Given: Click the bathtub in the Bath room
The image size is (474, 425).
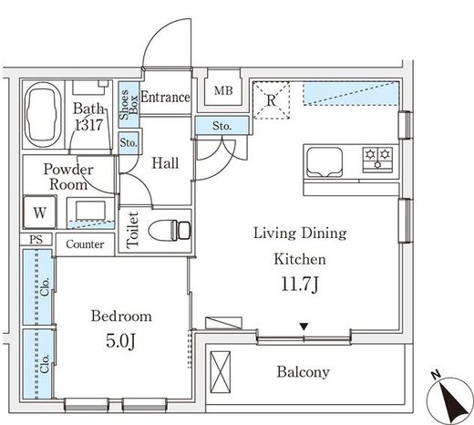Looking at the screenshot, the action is pos(43,115).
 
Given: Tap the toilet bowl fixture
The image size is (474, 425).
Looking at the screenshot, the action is pos(170,231).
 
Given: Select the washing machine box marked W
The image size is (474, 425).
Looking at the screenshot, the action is pos(40,212).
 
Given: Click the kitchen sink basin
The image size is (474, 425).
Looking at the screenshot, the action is pos(325,162).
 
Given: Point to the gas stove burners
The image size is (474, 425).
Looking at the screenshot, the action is pos(377,158).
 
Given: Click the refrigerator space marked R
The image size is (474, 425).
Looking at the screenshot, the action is pos(271,100).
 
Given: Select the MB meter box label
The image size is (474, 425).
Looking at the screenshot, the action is pos(223,90).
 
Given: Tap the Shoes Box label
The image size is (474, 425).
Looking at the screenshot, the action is pos(129,104).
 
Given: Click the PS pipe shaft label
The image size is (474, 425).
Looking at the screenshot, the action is pos(36,240).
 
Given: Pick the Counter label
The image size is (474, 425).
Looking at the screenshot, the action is pos(85,244).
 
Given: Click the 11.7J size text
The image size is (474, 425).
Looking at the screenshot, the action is pos(300,285).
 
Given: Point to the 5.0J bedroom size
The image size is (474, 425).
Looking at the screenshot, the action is pos(120,341).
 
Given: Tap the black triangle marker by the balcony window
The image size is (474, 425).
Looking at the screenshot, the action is pos(304,327).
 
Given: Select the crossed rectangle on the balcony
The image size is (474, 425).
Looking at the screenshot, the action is pos(221,372).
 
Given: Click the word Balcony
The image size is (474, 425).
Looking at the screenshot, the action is pos(303,372).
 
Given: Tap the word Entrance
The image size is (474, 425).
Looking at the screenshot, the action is pos(166,98).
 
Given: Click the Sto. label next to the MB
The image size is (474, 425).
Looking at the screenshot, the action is pos(222,126).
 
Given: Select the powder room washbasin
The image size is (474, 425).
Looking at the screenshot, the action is pos(90,211).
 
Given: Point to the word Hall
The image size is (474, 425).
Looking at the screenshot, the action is pos(165,163).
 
